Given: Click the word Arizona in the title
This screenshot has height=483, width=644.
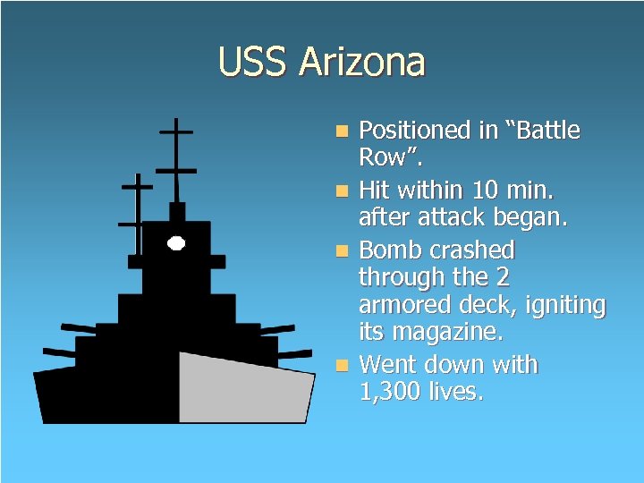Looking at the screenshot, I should pyautogui.click(x=362, y=63).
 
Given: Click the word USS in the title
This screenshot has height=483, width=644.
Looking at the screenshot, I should pyautogui.click(x=254, y=63).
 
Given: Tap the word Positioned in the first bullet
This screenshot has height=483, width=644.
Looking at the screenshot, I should pyautogui.click(x=415, y=131).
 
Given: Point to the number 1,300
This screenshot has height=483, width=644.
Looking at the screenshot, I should pyautogui.click(x=391, y=392).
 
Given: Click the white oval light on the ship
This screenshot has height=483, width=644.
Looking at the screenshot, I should pyautogui.click(x=176, y=243).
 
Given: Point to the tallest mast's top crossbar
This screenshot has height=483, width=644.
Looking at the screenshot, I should pyautogui.click(x=176, y=132).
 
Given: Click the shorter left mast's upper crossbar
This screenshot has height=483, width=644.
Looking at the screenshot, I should pyautogui.click(x=137, y=188).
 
